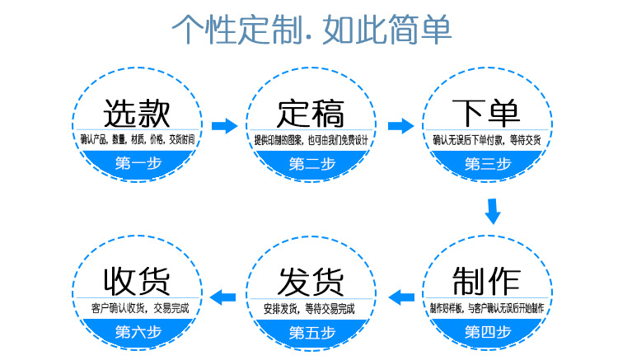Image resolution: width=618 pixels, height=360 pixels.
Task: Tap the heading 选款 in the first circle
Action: click(x=138, y=113)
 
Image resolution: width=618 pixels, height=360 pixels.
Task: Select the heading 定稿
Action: click(x=311, y=113)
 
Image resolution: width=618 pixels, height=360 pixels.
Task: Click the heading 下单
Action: click(x=486, y=113)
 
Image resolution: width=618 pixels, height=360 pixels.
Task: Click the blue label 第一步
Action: click(x=138, y=163)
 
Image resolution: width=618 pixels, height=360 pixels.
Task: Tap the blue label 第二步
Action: click(x=311, y=163)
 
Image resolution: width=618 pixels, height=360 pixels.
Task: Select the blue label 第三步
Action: click(x=487, y=163)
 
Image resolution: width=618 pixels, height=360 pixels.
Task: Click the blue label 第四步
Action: click(x=487, y=332)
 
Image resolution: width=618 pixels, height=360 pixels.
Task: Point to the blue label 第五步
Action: click(x=311, y=332)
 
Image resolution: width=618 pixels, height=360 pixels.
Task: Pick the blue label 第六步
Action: click(x=138, y=332)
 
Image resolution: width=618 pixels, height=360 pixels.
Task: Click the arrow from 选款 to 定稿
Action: click(x=224, y=126)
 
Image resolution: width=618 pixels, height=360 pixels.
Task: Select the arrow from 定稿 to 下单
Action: click(x=400, y=126)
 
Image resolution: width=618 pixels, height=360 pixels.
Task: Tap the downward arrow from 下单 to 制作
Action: click(x=493, y=212)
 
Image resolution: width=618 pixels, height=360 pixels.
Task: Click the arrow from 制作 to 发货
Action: click(x=400, y=296)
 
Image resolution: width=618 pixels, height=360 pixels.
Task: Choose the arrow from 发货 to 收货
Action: click(x=224, y=296)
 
